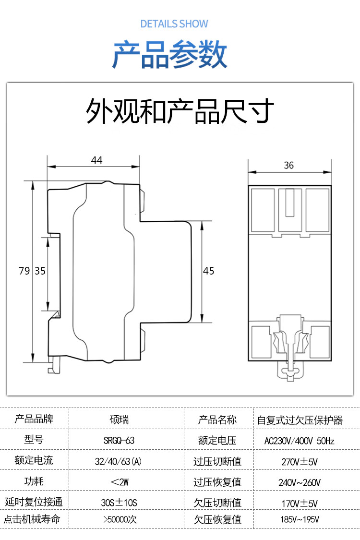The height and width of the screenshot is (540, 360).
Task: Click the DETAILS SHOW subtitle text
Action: (x=174, y=24)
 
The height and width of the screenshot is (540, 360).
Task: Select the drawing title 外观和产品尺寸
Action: (x=180, y=111)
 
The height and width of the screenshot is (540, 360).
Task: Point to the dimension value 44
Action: (x=97, y=160)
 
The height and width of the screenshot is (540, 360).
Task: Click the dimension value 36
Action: (x=288, y=166)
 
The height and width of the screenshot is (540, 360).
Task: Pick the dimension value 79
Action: (x=24, y=271)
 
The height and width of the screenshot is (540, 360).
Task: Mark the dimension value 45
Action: (x=208, y=271)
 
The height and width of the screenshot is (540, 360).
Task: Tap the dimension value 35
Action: (x=40, y=271)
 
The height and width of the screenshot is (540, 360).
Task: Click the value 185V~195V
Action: (x=300, y=519)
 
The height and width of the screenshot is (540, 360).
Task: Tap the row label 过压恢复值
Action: (x=217, y=482)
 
